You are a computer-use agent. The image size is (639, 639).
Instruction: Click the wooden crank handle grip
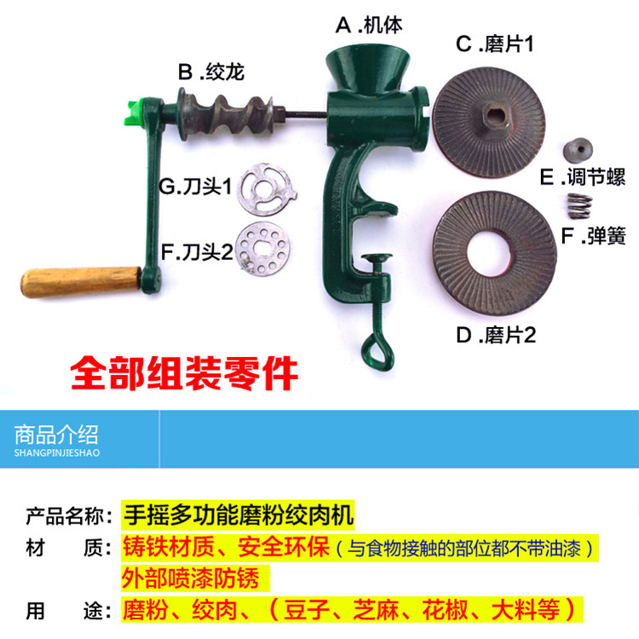point(82,282)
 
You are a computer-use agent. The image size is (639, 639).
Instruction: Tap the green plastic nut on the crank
point(135,112)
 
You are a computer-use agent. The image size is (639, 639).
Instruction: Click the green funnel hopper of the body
point(368,69)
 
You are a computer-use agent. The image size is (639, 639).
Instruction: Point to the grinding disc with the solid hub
point(489,122)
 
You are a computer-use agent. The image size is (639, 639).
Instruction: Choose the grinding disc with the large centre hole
point(494,254)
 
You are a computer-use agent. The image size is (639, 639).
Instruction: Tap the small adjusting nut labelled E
point(578,150)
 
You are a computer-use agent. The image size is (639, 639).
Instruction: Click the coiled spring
point(579,206)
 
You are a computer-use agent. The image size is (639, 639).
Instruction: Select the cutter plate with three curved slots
point(267,189)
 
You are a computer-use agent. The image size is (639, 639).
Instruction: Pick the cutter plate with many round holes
point(263,249)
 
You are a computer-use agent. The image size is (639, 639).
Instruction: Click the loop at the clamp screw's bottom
point(377,351)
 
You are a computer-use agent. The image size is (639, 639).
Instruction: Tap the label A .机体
point(369,26)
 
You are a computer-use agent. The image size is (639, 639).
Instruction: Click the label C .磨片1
point(494,44)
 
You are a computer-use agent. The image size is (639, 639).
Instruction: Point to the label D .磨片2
point(496,335)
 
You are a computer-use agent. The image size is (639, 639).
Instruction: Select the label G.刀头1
point(195,187)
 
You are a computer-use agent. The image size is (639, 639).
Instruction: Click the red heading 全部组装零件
point(184,373)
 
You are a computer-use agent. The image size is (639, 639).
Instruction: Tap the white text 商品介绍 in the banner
point(56,435)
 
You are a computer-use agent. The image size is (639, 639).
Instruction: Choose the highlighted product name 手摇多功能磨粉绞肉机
point(239,515)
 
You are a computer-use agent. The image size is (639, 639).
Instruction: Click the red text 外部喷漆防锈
point(191,578)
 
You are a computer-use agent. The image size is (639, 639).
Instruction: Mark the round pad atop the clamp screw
point(377,257)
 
